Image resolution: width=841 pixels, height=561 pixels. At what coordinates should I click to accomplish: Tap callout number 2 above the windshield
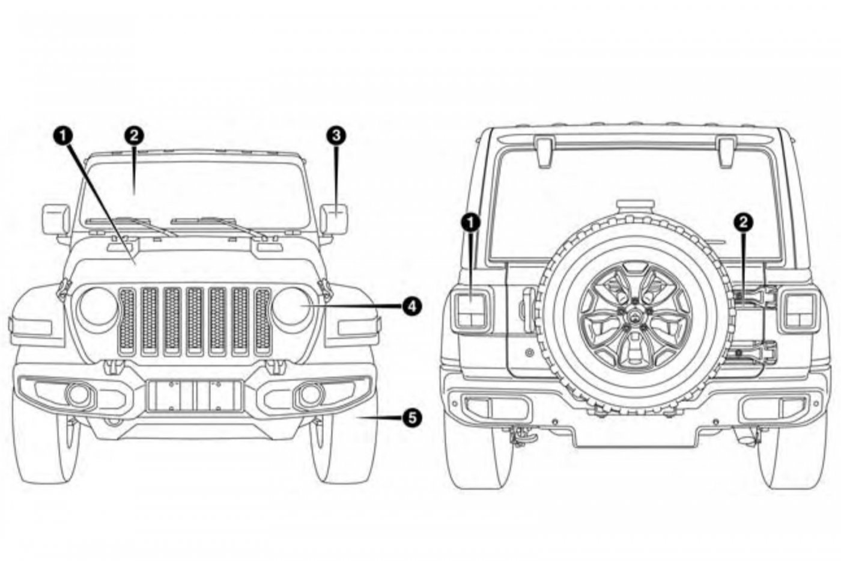tap(135, 135)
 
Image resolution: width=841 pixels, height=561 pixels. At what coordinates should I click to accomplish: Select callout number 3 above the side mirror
tap(335, 135)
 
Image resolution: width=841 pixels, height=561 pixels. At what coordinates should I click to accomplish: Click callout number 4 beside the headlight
tap(411, 307)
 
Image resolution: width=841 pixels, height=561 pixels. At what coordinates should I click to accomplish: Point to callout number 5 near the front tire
tap(411, 417)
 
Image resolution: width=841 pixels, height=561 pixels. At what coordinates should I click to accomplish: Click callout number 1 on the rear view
tap(470, 222)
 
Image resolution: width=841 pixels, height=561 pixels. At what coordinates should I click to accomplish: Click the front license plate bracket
tap(195, 395)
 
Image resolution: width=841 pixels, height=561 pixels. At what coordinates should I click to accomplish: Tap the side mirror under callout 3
tap(334, 219)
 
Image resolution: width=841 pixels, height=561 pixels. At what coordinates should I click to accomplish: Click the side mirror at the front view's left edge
tap(56, 219)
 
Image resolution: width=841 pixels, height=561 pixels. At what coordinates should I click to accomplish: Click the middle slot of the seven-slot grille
tap(195, 320)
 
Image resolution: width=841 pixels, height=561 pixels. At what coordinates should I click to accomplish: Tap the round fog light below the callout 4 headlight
tap(310, 394)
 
